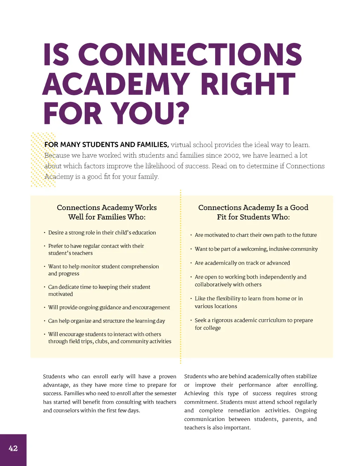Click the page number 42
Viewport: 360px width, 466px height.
click(x=13, y=448)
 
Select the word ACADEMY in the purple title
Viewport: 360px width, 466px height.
click(x=116, y=84)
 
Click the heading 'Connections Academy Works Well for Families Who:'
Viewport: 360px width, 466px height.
click(x=107, y=212)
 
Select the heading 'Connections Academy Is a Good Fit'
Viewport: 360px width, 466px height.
click(x=253, y=212)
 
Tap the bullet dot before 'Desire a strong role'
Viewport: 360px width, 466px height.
click(x=45, y=233)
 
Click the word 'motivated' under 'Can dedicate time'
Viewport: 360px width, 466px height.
click(x=60, y=294)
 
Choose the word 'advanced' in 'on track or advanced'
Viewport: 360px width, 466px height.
click(x=278, y=263)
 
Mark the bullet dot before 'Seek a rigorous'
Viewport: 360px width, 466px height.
click(x=191, y=320)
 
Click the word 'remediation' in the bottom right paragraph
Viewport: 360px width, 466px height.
click(x=244, y=410)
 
